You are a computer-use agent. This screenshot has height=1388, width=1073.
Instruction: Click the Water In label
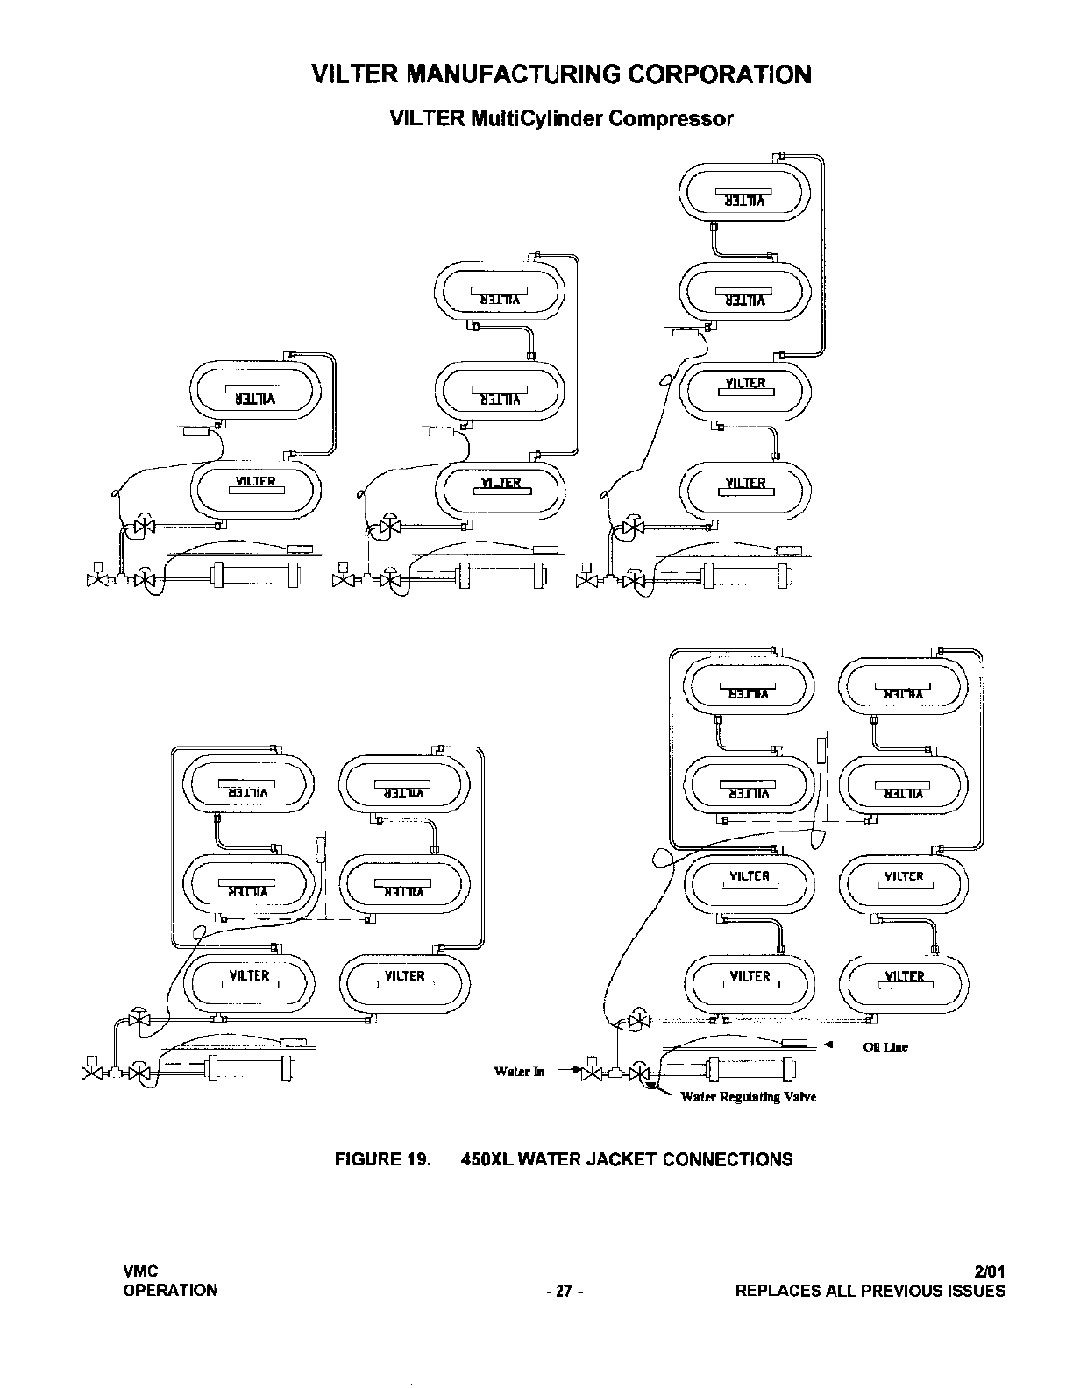point(519,1071)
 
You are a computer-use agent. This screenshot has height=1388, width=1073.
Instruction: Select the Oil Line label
point(885,1047)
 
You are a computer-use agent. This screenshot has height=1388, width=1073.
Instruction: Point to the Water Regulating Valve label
point(748,1097)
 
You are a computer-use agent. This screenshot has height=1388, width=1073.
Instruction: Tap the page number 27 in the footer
point(563,1291)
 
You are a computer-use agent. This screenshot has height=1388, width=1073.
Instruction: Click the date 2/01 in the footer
point(990,1271)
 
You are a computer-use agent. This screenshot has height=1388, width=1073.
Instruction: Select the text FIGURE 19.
point(383,1159)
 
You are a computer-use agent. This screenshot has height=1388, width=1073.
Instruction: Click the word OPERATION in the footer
point(170,1290)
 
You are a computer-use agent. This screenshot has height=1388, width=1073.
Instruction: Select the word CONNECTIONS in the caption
point(728,1159)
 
